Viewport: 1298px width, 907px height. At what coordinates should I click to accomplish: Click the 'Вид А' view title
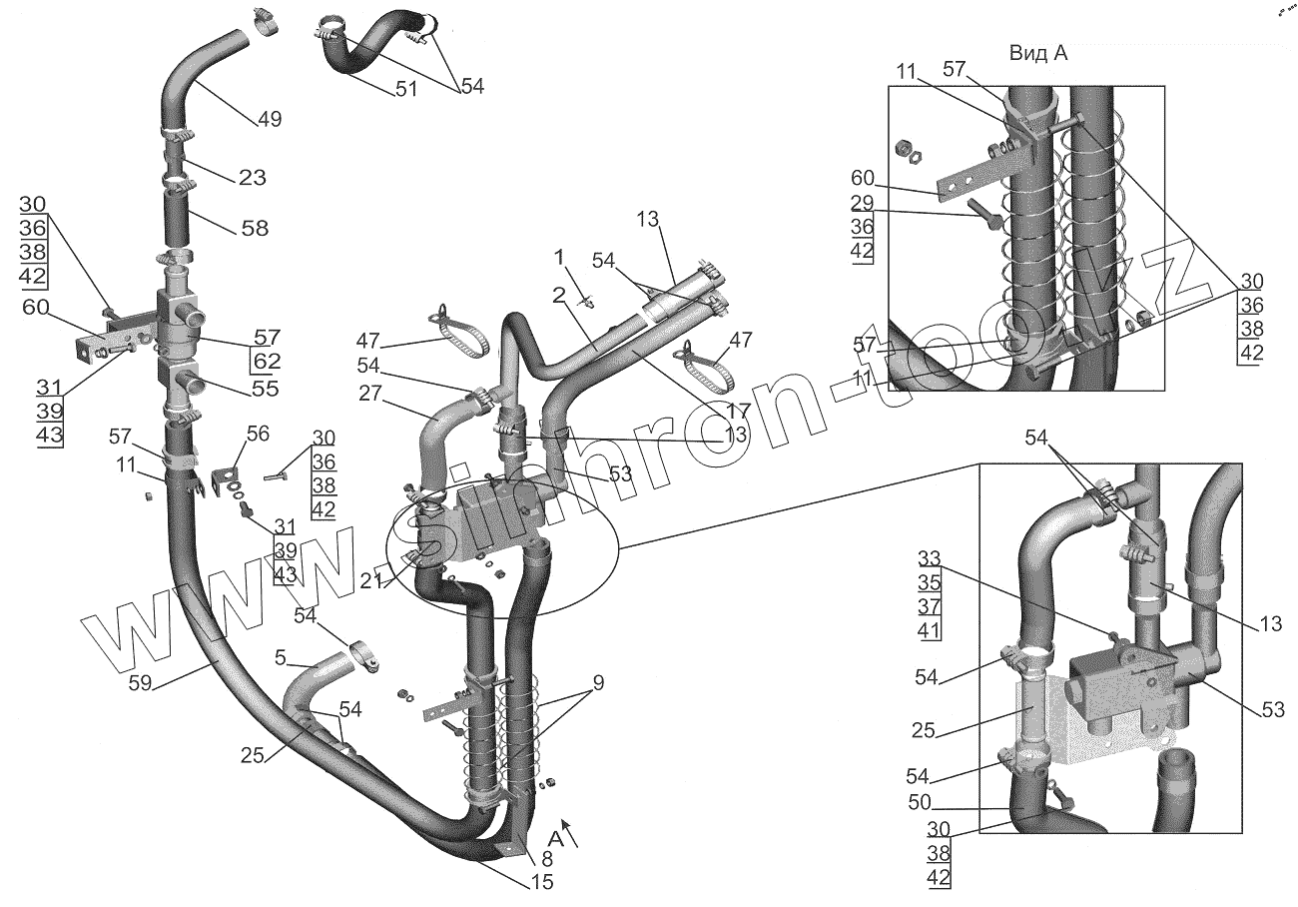[1037, 54]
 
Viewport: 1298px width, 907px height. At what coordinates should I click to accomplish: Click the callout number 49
[269, 119]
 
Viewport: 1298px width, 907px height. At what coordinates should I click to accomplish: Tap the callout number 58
[255, 228]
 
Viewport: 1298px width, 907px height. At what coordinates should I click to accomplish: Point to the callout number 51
[405, 88]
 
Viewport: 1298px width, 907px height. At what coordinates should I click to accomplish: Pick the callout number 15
[541, 881]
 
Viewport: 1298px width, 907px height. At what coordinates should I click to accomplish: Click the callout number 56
[259, 435]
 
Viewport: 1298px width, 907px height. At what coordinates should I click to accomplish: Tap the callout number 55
[264, 388]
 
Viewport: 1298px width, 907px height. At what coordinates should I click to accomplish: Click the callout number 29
[863, 203]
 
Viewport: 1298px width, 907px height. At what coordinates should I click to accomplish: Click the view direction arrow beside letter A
[571, 834]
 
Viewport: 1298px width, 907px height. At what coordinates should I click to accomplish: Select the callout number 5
[282, 659]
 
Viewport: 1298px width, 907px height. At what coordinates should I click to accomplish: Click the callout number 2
[559, 296]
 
